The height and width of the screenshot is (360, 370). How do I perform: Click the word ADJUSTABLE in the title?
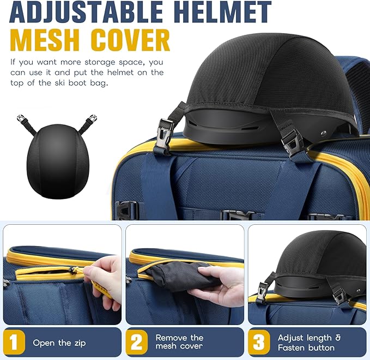click(86, 11)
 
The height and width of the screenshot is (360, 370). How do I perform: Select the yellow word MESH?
click(45, 40)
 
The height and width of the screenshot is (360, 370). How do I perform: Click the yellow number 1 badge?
click(14, 343)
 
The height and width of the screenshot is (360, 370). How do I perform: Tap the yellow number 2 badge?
click(137, 343)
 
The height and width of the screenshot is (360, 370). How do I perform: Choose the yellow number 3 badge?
click(259, 343)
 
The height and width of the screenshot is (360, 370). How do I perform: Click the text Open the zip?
click(59, 343)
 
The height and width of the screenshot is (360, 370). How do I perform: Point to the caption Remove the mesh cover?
click(179, 342)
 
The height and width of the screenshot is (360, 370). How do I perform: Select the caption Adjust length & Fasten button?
click(309, 343)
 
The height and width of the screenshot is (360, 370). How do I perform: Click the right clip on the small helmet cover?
click(92, 118)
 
